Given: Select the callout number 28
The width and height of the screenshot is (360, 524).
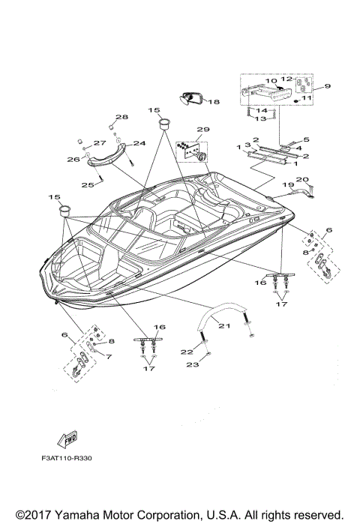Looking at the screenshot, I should coord(121,117).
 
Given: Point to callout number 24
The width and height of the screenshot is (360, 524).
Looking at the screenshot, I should coord(139,143).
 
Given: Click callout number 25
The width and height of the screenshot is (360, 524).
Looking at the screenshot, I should coord(88,184).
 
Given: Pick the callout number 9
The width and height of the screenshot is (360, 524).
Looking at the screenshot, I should coord(326,86).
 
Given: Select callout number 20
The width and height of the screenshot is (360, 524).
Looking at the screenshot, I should coord(301,179).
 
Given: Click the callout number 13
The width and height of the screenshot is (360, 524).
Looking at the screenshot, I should coord(262,118).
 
